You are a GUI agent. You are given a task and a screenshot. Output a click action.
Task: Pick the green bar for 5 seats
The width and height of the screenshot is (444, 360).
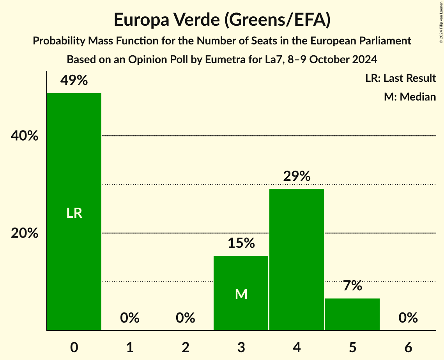(352, 314)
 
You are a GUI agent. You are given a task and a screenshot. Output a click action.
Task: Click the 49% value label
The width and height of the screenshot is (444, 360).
(74, 81)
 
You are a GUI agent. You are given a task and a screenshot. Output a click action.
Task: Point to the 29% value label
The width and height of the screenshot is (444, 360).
(297, 176)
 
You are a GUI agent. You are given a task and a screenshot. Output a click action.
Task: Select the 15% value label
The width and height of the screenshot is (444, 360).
(241, 244)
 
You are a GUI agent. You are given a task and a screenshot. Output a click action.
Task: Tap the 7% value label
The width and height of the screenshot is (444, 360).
(352, 286)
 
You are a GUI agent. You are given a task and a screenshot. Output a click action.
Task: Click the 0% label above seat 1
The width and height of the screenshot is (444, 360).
(130, 318)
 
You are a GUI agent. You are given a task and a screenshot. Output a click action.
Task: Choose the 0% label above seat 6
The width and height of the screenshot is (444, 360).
(408, 318)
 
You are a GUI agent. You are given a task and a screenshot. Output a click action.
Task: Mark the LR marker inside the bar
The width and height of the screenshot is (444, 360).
(74, 213)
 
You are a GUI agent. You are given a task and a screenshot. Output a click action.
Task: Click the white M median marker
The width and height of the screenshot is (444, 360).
(241, 295)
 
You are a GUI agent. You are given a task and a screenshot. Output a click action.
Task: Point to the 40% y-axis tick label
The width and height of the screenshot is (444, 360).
(25, 136)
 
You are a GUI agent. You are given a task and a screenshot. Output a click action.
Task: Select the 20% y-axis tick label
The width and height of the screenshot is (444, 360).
(25, 233)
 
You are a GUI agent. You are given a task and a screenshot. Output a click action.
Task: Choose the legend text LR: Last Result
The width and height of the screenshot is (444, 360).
(400, 78)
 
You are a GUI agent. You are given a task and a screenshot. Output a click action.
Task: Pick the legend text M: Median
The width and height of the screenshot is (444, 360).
(410, 97)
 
